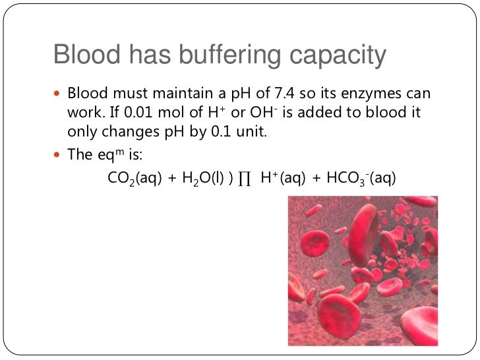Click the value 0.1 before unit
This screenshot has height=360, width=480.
[x=227, y=131]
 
